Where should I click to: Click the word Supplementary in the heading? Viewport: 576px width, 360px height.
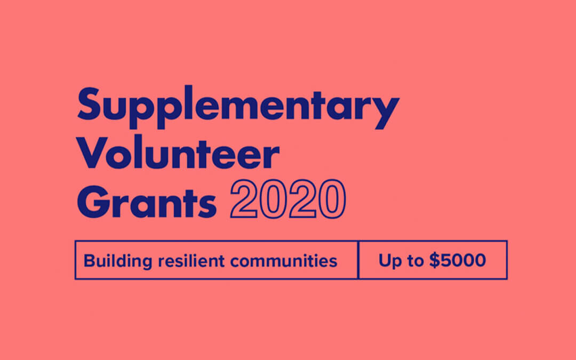point(238,107)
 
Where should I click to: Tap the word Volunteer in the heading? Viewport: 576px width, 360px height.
point(178,153)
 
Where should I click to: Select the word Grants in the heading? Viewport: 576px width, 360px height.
point(147,202)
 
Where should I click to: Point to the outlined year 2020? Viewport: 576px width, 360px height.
point(288,199)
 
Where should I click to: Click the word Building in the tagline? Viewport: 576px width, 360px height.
point(117,261)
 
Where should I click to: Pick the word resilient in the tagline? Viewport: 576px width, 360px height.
point(191,261)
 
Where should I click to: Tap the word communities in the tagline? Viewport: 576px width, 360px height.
point(284,261)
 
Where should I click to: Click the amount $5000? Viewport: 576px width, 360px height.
point(458,260)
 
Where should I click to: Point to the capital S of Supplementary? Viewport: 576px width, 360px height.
point(89,103)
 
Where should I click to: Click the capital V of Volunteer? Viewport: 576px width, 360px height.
point(92,153)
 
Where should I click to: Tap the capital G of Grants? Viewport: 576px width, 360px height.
point(93,202)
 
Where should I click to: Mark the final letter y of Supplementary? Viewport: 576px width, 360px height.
point(386,112)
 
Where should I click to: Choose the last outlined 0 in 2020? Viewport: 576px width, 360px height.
point(332,199)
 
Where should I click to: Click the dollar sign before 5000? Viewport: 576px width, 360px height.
point(435,260)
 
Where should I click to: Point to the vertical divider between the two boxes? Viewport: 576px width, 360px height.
point(358,260)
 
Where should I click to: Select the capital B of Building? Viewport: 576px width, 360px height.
point(90,260)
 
